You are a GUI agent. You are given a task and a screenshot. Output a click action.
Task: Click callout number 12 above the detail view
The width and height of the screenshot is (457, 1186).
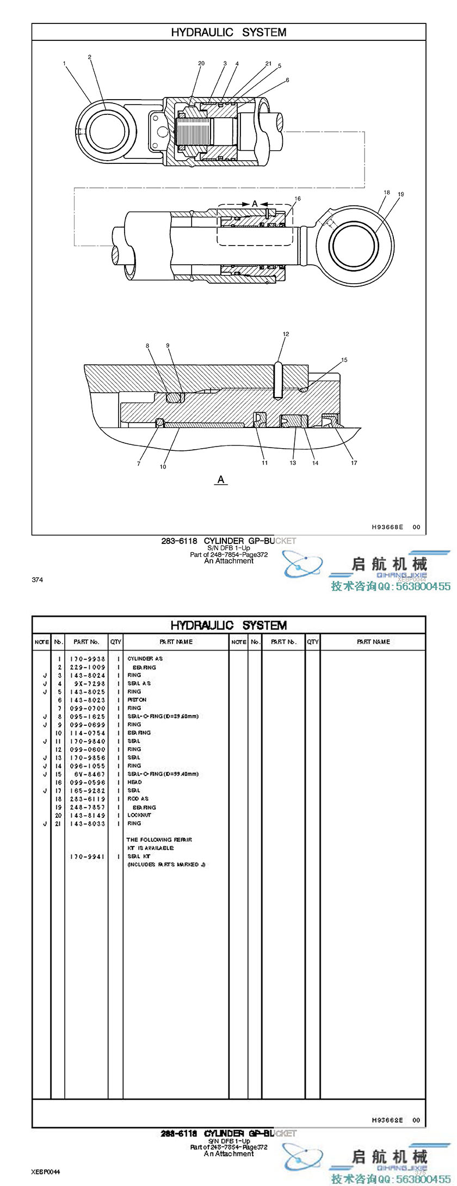point(286,334)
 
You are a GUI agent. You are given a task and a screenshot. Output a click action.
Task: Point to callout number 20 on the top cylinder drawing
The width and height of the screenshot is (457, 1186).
point(201,64)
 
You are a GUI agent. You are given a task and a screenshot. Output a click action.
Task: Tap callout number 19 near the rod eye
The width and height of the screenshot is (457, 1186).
point(401,194)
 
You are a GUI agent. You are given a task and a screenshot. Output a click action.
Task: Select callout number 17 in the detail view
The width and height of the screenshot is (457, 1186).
point(354,463)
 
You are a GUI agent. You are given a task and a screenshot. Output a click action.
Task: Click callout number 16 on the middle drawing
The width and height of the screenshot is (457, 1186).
point(298,199)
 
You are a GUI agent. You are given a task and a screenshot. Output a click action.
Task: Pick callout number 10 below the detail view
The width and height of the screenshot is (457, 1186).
point(163,467)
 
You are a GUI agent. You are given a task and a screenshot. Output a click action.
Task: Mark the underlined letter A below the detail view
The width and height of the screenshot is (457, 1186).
point(221,480)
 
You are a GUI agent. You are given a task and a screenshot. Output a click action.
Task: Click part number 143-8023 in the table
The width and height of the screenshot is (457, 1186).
point(88,700)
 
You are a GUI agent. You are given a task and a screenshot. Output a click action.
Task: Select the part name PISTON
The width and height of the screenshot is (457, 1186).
point(137,700)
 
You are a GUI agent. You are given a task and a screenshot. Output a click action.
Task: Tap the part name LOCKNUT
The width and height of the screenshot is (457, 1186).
point(139,815)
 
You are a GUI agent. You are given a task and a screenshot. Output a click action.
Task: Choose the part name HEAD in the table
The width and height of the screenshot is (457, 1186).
point(134,782)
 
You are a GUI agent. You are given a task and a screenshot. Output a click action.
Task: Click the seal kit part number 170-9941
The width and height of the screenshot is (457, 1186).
point(88,857)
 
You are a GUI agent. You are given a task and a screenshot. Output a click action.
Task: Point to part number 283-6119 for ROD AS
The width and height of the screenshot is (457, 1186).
point(88,799)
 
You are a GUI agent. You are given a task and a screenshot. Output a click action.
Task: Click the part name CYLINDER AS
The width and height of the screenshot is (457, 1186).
point(145,658)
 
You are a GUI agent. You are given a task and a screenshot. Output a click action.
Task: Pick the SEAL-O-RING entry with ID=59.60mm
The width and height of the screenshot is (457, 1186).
point(163,716)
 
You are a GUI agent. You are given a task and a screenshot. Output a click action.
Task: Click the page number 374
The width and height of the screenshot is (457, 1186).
point(37,580)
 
